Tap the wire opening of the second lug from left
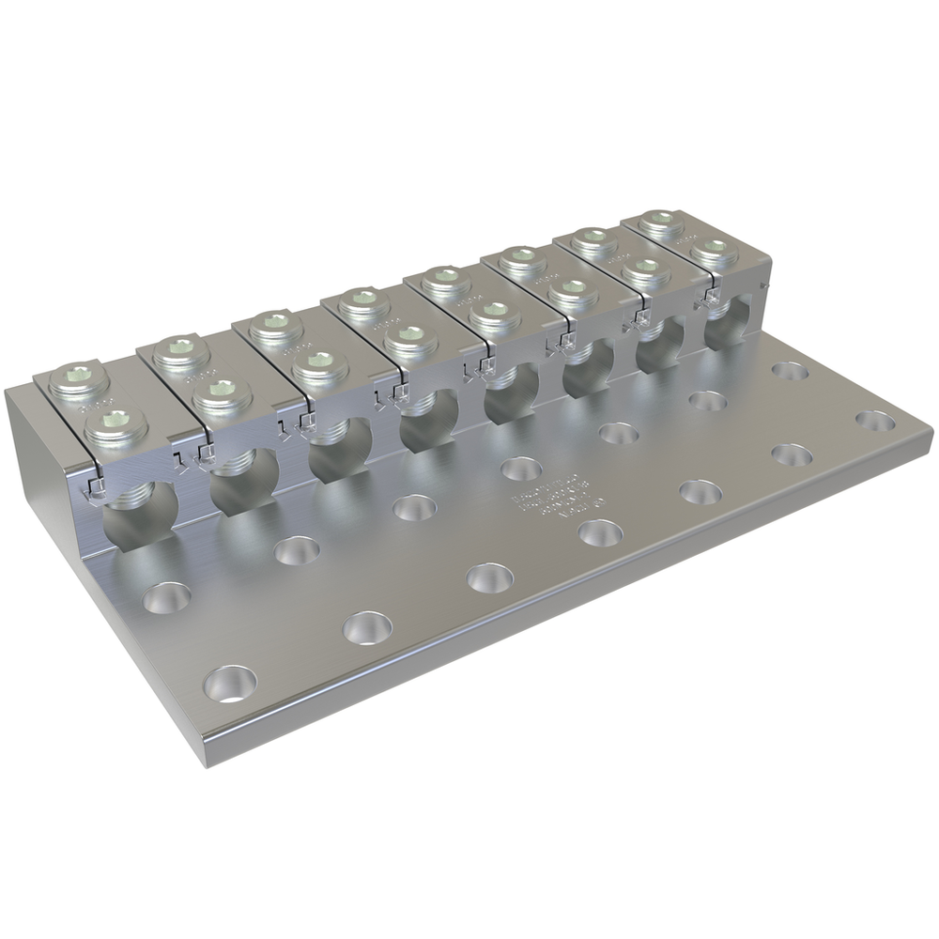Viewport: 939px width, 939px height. click(x=242, y=483)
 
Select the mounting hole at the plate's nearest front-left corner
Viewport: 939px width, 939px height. click(x=230, y=683)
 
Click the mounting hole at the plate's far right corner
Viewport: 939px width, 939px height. click(x=875, y=422)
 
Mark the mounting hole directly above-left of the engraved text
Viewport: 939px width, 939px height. click(x=522, y=468)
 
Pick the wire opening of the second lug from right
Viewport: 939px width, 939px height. click(x=659, y=348)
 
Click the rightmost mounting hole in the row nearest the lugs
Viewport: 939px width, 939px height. click(x=790, y=370)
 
